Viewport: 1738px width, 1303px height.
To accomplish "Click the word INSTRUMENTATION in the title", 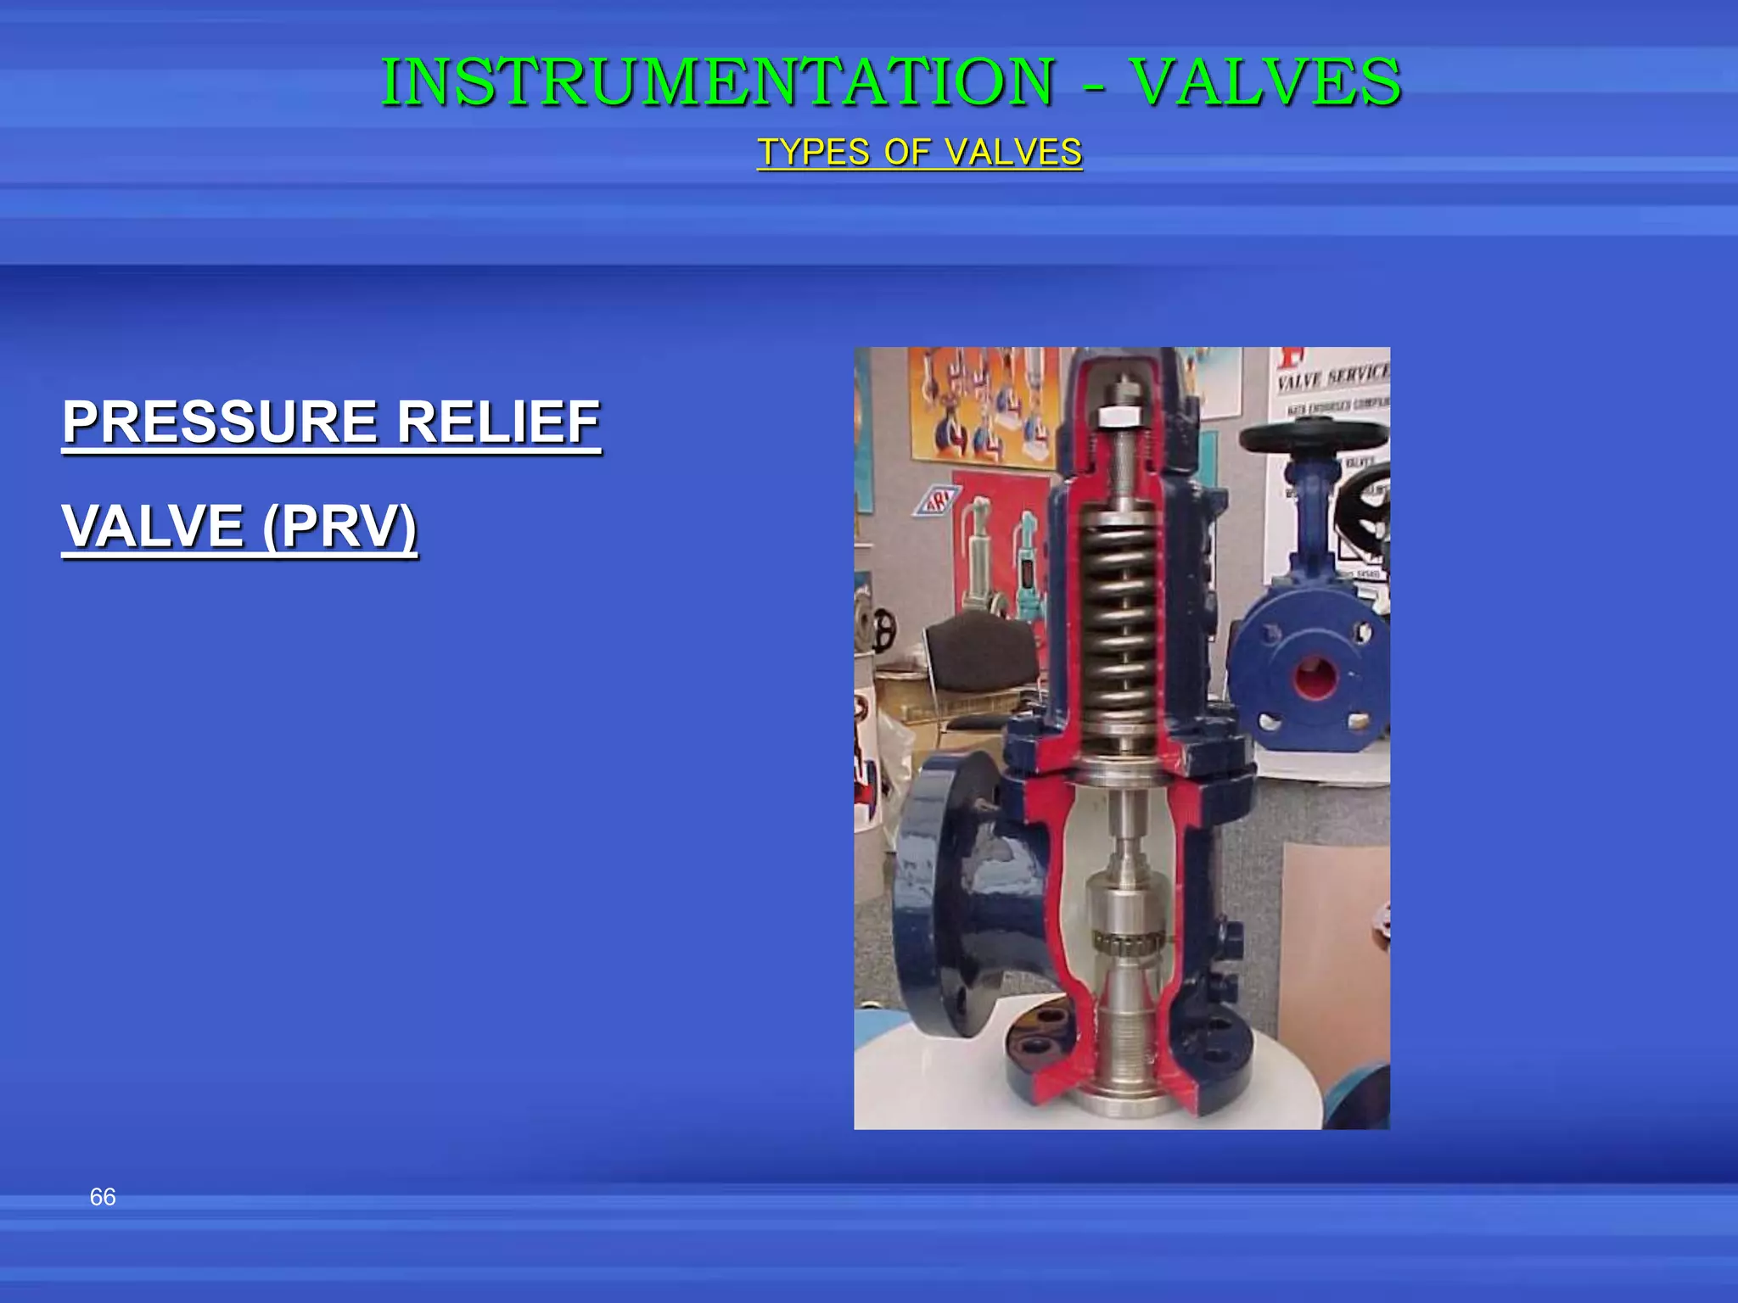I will pyautogui.click(x=718, y=82).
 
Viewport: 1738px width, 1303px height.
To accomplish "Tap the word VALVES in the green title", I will pyautogui.click(x=1266, y=82).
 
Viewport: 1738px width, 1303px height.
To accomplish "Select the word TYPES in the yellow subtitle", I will pyautogui.click(x=815, y=153).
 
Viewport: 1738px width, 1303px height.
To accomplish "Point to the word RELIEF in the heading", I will pyautogui.click(x=499, y=422).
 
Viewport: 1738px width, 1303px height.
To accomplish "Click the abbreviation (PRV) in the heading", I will pyautogui.click(x=339, y=526).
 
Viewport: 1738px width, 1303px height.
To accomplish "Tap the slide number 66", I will pyautogui.click(x=103, y=1197).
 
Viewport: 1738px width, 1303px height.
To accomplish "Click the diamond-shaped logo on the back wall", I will pyautogui.click(x=935, y=501).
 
